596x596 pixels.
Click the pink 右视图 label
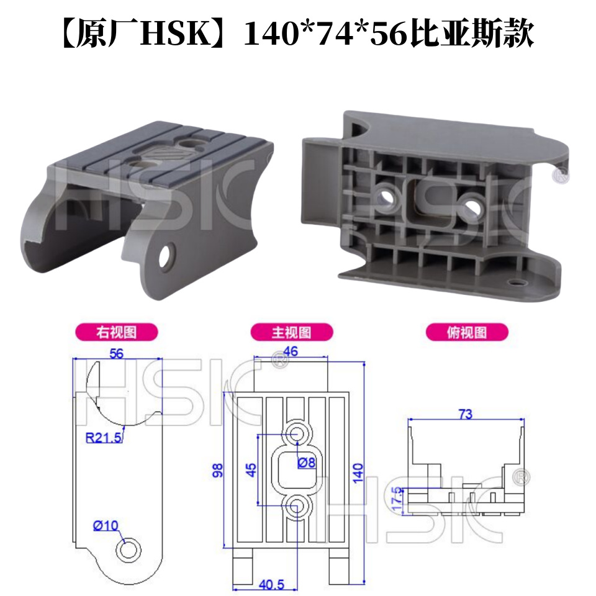(x=115, y=332)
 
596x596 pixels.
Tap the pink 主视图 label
(x=291, y=332)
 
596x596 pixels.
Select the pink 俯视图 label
(x=467, y=332)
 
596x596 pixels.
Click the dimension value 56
(x=116, y=353)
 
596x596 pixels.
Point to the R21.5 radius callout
(x=103, y=439)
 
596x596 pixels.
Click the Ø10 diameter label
(x=106, y=525)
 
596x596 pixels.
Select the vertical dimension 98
(x=217, y=469)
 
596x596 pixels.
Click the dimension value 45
(x=251, y=470)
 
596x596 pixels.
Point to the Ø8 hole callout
(x=307, y=463)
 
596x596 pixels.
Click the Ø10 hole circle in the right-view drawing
(x=130, y=550)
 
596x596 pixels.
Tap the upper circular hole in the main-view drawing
(x=297, y=433)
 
